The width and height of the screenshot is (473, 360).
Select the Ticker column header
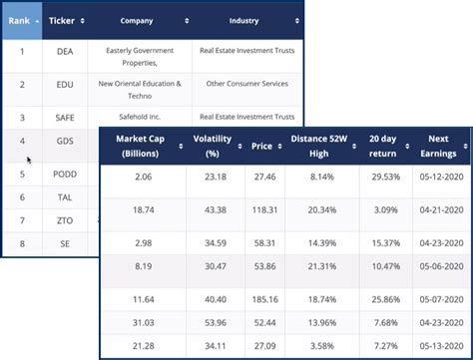(65, 20)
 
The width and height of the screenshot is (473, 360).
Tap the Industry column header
(244, 20)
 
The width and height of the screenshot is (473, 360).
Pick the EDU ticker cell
(65, 85)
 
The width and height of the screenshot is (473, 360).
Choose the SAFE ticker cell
(65, 118)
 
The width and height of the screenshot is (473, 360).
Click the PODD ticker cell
(65, 175)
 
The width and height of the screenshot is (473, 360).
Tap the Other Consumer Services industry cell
(244, 85)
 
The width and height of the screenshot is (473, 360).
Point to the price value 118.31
(262, 211)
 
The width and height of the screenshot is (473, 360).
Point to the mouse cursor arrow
(29, 159)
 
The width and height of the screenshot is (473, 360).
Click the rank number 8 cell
(21, 242)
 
